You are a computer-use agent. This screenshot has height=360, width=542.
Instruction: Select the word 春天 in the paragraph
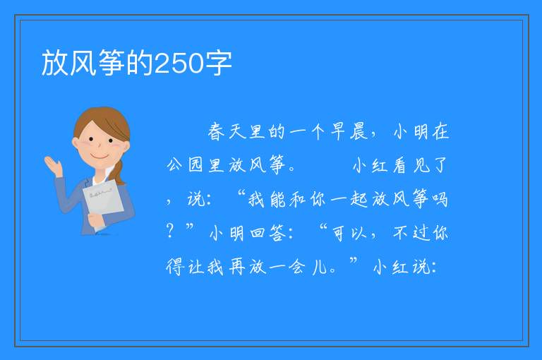pyautogui.click(x=227, y=132)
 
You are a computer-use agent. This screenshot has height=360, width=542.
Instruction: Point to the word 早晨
pyautogui.click(x=349, y=132)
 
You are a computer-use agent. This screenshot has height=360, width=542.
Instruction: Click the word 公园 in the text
pyautogui.click(x=185, y=165)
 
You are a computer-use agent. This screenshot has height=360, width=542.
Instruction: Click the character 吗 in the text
pyautogui.click(x=440, y=199)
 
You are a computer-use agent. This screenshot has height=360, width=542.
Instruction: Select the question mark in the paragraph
pyautogui.click(x=169, y=231)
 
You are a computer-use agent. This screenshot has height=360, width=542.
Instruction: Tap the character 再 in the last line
pyautogui.click(x=237, y=267)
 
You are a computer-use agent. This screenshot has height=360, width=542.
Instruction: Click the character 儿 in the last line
pyautogui.click(x=320, y=267)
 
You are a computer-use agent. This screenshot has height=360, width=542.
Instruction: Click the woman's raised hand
pyautogui.click(x=54, y=166)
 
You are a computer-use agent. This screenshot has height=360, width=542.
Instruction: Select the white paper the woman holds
pyautogui.click(x=103, y=200)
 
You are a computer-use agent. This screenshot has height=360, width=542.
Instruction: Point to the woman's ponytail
pyautogui.click(x=119, y=172)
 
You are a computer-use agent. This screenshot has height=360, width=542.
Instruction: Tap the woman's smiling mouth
pyautogui.click(x=100, y=157)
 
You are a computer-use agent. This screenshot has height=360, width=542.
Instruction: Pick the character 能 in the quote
pyautogui.click(x=278, y=199)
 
